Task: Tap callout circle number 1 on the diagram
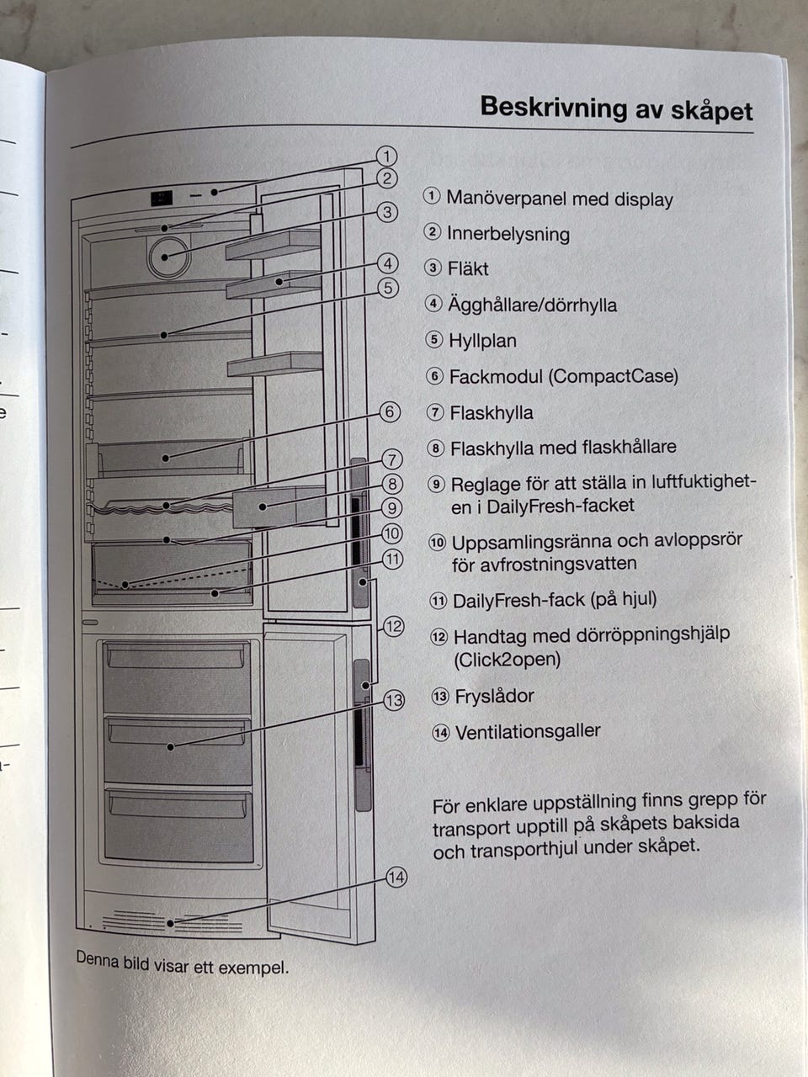pos(385,156)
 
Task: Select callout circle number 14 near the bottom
pos(396,878)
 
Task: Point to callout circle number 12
pos(393,626)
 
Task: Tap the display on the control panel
pos(162,199)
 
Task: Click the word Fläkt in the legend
pos(468,269)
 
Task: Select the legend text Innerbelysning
pos(508,234)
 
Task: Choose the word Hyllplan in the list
pos(483,341)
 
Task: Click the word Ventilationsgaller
pos(528,731)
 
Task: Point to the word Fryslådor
pos(494,696)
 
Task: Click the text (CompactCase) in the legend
pos(613,376)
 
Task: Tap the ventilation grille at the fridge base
pos(173,922)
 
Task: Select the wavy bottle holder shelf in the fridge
pos(160,507)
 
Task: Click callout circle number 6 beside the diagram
pos(389,412)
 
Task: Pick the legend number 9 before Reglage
pos(436,484)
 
